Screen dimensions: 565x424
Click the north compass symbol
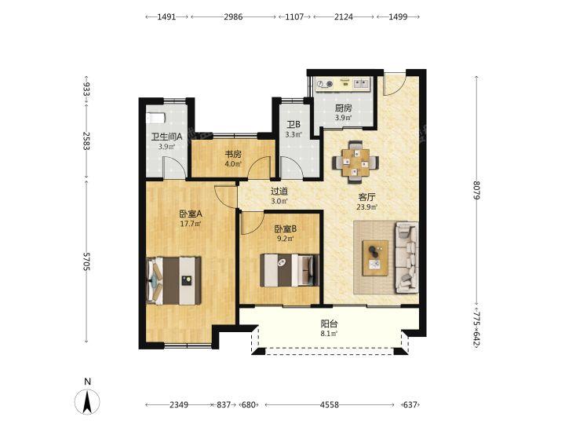click(87, 400)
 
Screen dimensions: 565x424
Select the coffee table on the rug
click(375, 258)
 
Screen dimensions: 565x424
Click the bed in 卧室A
click(173, 280)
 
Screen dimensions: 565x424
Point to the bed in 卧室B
click(290, 270)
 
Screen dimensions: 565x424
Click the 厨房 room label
click(343, 108)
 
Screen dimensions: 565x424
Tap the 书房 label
click(233, 155)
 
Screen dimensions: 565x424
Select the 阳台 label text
click(329, 323)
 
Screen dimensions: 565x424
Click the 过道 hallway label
click(279, 191)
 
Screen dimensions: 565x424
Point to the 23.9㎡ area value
click(366, 207)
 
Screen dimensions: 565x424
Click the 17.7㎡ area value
click(190, 224)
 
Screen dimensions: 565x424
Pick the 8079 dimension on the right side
click(477, 190)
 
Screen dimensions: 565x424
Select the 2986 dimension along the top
click(233, 16)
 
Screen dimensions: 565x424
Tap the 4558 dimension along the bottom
click(330, 405)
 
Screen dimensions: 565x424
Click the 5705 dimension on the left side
click(86, 261)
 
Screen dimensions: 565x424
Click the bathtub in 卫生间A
click(155, 119)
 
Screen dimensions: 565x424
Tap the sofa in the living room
click(406, 258)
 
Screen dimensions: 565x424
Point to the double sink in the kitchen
click(362, 84)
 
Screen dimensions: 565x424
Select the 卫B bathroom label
click(293, 125)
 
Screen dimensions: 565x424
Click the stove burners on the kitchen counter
click(324, 84)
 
